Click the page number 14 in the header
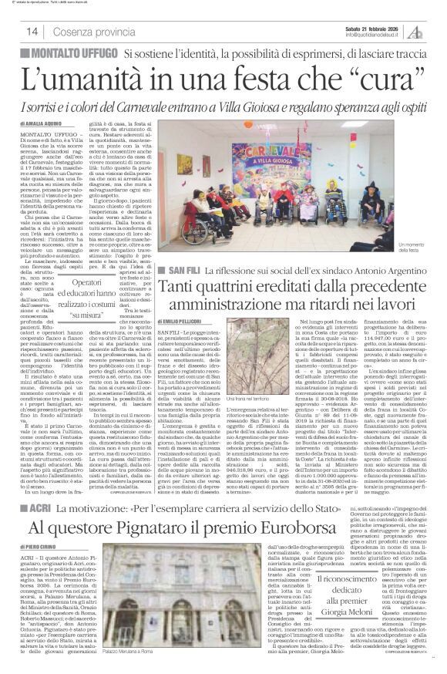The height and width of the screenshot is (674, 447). (x=32, y=31)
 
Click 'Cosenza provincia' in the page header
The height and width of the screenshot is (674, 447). (x=90, y=32)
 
